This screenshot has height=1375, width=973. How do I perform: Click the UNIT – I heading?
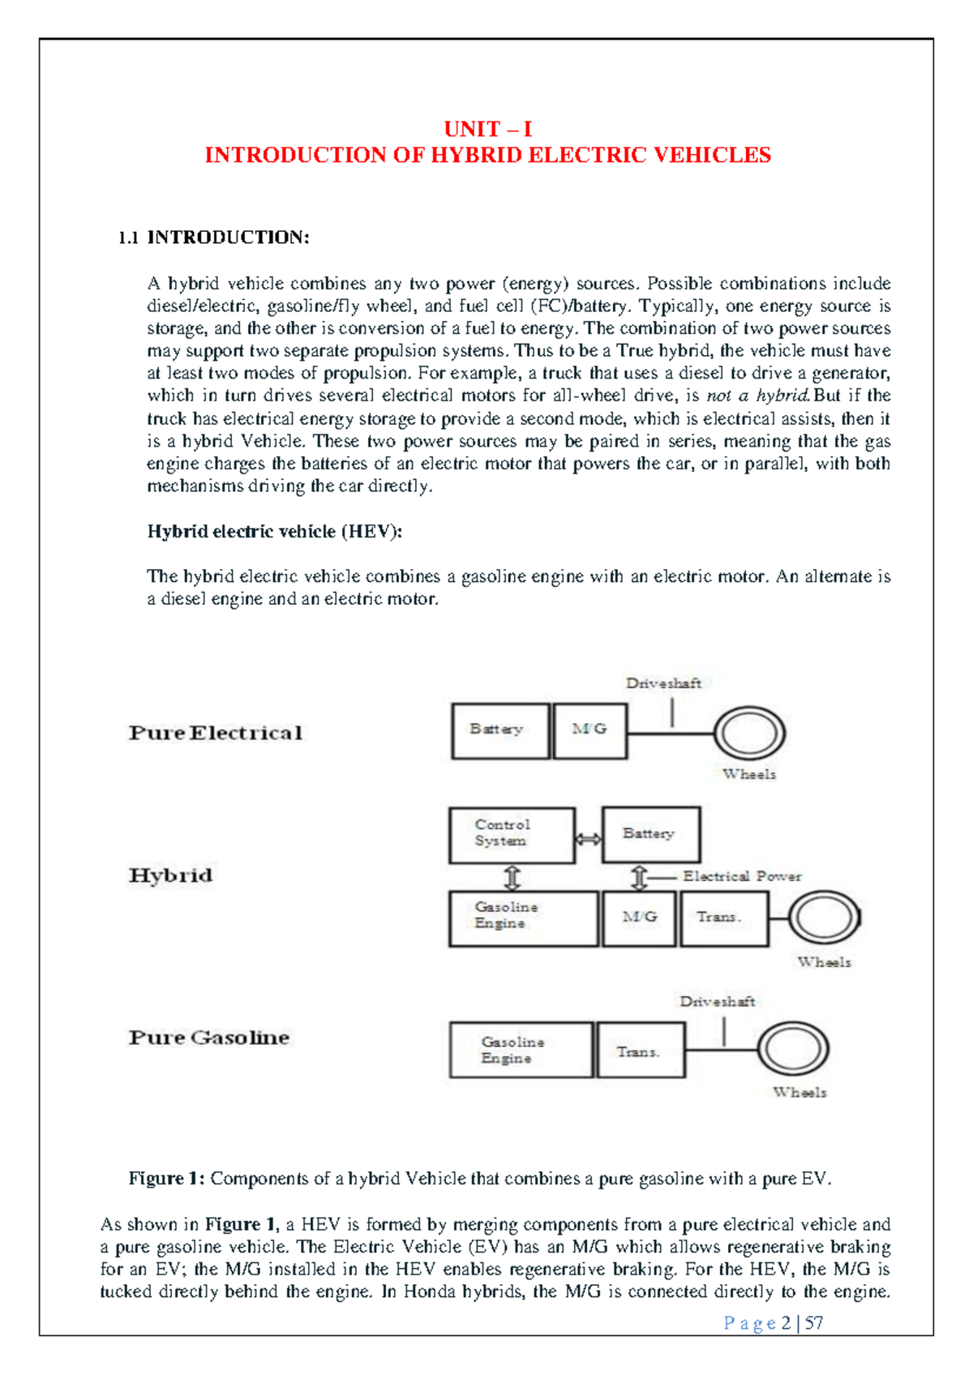tap(487, 129)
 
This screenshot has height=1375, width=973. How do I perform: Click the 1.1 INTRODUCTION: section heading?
tap(214, 238)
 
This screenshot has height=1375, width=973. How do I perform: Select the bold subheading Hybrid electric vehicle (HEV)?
tap(274, 532)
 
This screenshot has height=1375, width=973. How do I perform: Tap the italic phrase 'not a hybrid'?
tap(757, 396)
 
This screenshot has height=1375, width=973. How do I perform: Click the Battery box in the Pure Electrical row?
tap(499, 731)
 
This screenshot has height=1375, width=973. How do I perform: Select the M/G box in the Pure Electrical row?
tap(589, 731)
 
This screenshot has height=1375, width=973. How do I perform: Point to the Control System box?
tap(512, 835)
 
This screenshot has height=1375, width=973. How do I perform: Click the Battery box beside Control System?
tap(651, 834)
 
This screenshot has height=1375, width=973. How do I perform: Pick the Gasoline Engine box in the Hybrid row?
tap(523, 919)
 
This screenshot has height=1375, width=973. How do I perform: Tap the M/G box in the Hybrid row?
tap(639, 919)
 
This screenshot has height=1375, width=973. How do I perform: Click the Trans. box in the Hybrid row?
tap(723, 919)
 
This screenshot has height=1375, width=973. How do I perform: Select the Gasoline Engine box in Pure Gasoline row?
tap(521, 1050)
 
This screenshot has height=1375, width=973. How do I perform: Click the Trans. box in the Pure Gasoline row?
tap(640, 1050)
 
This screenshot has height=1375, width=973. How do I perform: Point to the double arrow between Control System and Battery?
tap(589, 839)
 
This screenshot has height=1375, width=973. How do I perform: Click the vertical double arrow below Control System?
tap(512, 878)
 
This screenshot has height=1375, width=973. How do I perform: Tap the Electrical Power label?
tap(741, 876)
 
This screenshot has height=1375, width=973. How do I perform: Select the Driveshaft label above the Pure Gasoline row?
tap(717, 1002)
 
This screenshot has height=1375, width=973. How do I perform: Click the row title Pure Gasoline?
tap(209, 1038)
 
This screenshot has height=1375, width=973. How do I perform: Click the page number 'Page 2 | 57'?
tap(773, 1323)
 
